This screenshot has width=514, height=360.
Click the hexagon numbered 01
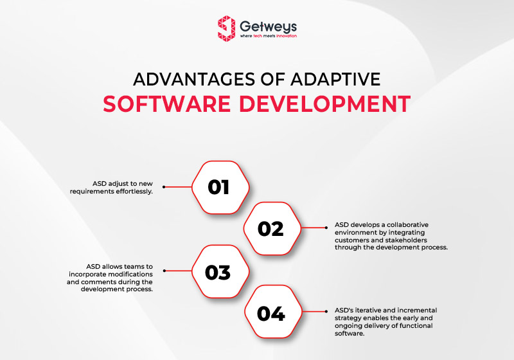(x=218, y=186)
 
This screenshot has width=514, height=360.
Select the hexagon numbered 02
(x=270, y=229)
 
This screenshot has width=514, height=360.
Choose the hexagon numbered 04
(x=270, y=314)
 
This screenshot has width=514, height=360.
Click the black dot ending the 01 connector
(x=164, y=187)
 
